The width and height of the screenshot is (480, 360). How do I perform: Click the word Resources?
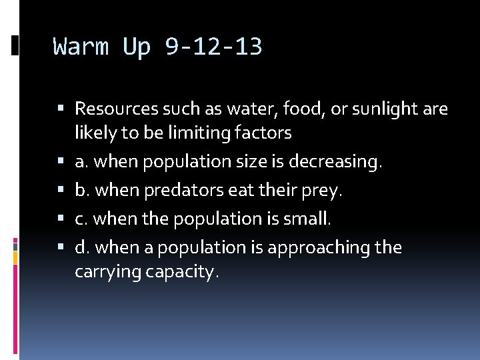pos(117,108)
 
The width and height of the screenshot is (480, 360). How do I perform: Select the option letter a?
pos(81,162)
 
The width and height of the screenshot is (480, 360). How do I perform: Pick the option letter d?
pos(81,247)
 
